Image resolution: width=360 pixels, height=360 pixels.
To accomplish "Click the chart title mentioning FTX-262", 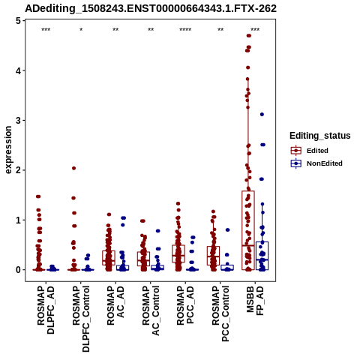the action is [151, 8].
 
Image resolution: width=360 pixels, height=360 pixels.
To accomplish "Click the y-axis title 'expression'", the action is [8, 150].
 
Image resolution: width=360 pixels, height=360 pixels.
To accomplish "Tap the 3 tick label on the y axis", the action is [18, 120].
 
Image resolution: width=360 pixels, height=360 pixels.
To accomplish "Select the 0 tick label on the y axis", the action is [18, 270].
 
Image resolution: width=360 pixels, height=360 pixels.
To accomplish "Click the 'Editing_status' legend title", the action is [320, 136].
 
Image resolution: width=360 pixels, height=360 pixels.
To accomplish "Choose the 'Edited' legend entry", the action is [317, 151].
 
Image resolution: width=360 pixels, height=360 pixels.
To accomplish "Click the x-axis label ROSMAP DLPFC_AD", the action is [46, 310].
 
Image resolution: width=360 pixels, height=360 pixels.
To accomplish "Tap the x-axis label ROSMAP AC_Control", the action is [151, 310].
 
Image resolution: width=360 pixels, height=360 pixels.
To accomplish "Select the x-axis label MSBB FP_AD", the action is [255, 301].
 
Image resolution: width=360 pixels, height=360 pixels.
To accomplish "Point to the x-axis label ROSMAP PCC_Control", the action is [220, 313].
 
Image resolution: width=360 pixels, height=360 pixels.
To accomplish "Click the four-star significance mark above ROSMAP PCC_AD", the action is [185, 30].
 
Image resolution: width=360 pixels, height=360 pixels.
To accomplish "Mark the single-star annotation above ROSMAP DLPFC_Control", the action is [81, 30].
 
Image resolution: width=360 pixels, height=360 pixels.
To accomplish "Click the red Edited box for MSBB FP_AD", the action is [248, 230].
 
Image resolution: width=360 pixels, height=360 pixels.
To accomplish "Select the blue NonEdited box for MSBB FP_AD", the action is [262, 256].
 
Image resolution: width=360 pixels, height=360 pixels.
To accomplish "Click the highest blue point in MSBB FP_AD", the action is [262, 114].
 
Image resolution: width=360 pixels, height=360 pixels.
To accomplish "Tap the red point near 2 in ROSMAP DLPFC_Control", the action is [73, 168].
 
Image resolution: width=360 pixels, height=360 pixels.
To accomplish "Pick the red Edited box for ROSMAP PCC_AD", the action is [178, 253].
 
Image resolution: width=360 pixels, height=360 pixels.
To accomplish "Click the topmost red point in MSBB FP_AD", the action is [248, 36].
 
